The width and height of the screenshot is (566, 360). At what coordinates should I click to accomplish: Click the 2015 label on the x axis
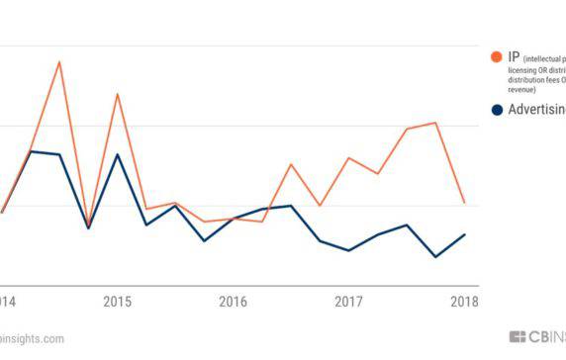click(x=117, y=301)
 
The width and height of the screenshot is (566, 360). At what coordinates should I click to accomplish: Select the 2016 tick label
click(x=233, y=301)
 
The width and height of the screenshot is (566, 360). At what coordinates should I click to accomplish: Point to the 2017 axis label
click(x=348, y=301)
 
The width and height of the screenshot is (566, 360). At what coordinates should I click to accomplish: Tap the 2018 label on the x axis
click(x=463, y=301)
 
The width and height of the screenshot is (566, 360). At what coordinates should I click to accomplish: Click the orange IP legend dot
click(x=497, y=57)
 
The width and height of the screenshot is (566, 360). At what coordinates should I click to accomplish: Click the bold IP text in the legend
click(x=515, y=57)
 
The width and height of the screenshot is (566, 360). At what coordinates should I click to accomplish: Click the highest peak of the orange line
click(x=59, y=62)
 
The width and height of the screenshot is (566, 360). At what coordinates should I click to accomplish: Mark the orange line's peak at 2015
click(x=118, y=94)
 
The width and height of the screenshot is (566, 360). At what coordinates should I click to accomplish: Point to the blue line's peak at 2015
click(x=118, y=154)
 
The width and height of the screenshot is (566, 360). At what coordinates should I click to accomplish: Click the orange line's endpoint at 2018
click(x=464, y=202)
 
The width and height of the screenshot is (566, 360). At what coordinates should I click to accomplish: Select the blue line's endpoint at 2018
click(x=464, y=234)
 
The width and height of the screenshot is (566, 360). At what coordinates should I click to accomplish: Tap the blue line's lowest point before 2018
click(x=435, y=257)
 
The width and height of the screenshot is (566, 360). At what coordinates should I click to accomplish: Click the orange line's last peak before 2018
click(x=435, y=123)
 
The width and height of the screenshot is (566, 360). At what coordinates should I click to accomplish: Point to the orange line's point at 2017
click(x=348, y=158)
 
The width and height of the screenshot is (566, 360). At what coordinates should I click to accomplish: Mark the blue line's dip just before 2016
click(x=204, y=240)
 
